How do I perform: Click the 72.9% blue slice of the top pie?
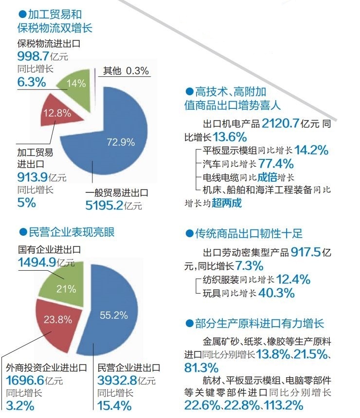point(122,146)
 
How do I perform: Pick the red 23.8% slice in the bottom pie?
point(57,319)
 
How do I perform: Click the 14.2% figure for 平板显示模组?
point(311,151)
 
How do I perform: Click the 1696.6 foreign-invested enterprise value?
point(24,380)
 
